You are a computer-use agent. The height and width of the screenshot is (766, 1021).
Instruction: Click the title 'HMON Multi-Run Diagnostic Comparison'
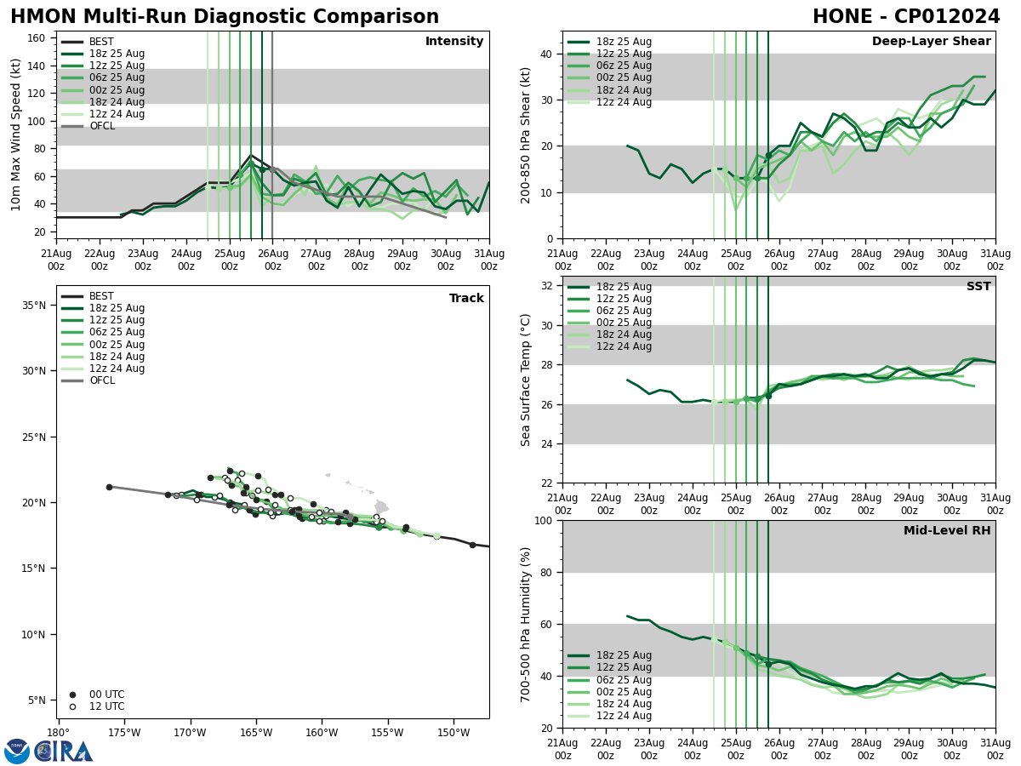click(225, 17)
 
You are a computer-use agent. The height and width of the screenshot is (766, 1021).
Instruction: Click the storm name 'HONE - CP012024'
click(906, 17)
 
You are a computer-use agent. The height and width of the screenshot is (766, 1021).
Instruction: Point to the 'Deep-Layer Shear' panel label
click(931, 42)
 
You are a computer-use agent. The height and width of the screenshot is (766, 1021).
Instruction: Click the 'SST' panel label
click(978, 287)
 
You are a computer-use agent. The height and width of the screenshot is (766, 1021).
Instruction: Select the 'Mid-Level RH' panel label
click(947, 531)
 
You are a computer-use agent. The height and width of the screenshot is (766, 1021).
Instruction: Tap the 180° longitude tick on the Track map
click(58, 732)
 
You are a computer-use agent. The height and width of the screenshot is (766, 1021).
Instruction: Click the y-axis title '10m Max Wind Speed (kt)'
click(15, 134)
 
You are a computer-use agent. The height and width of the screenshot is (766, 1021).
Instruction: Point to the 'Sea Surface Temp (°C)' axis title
click(527, 380)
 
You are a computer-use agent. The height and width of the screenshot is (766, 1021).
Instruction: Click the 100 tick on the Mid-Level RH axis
click(545, 520)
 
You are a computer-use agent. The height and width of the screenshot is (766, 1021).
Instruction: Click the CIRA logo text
click(64, 752)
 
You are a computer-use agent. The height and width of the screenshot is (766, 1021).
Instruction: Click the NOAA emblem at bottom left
click(17, 752)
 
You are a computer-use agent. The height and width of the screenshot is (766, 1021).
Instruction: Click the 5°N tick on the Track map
click(37, 700)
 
